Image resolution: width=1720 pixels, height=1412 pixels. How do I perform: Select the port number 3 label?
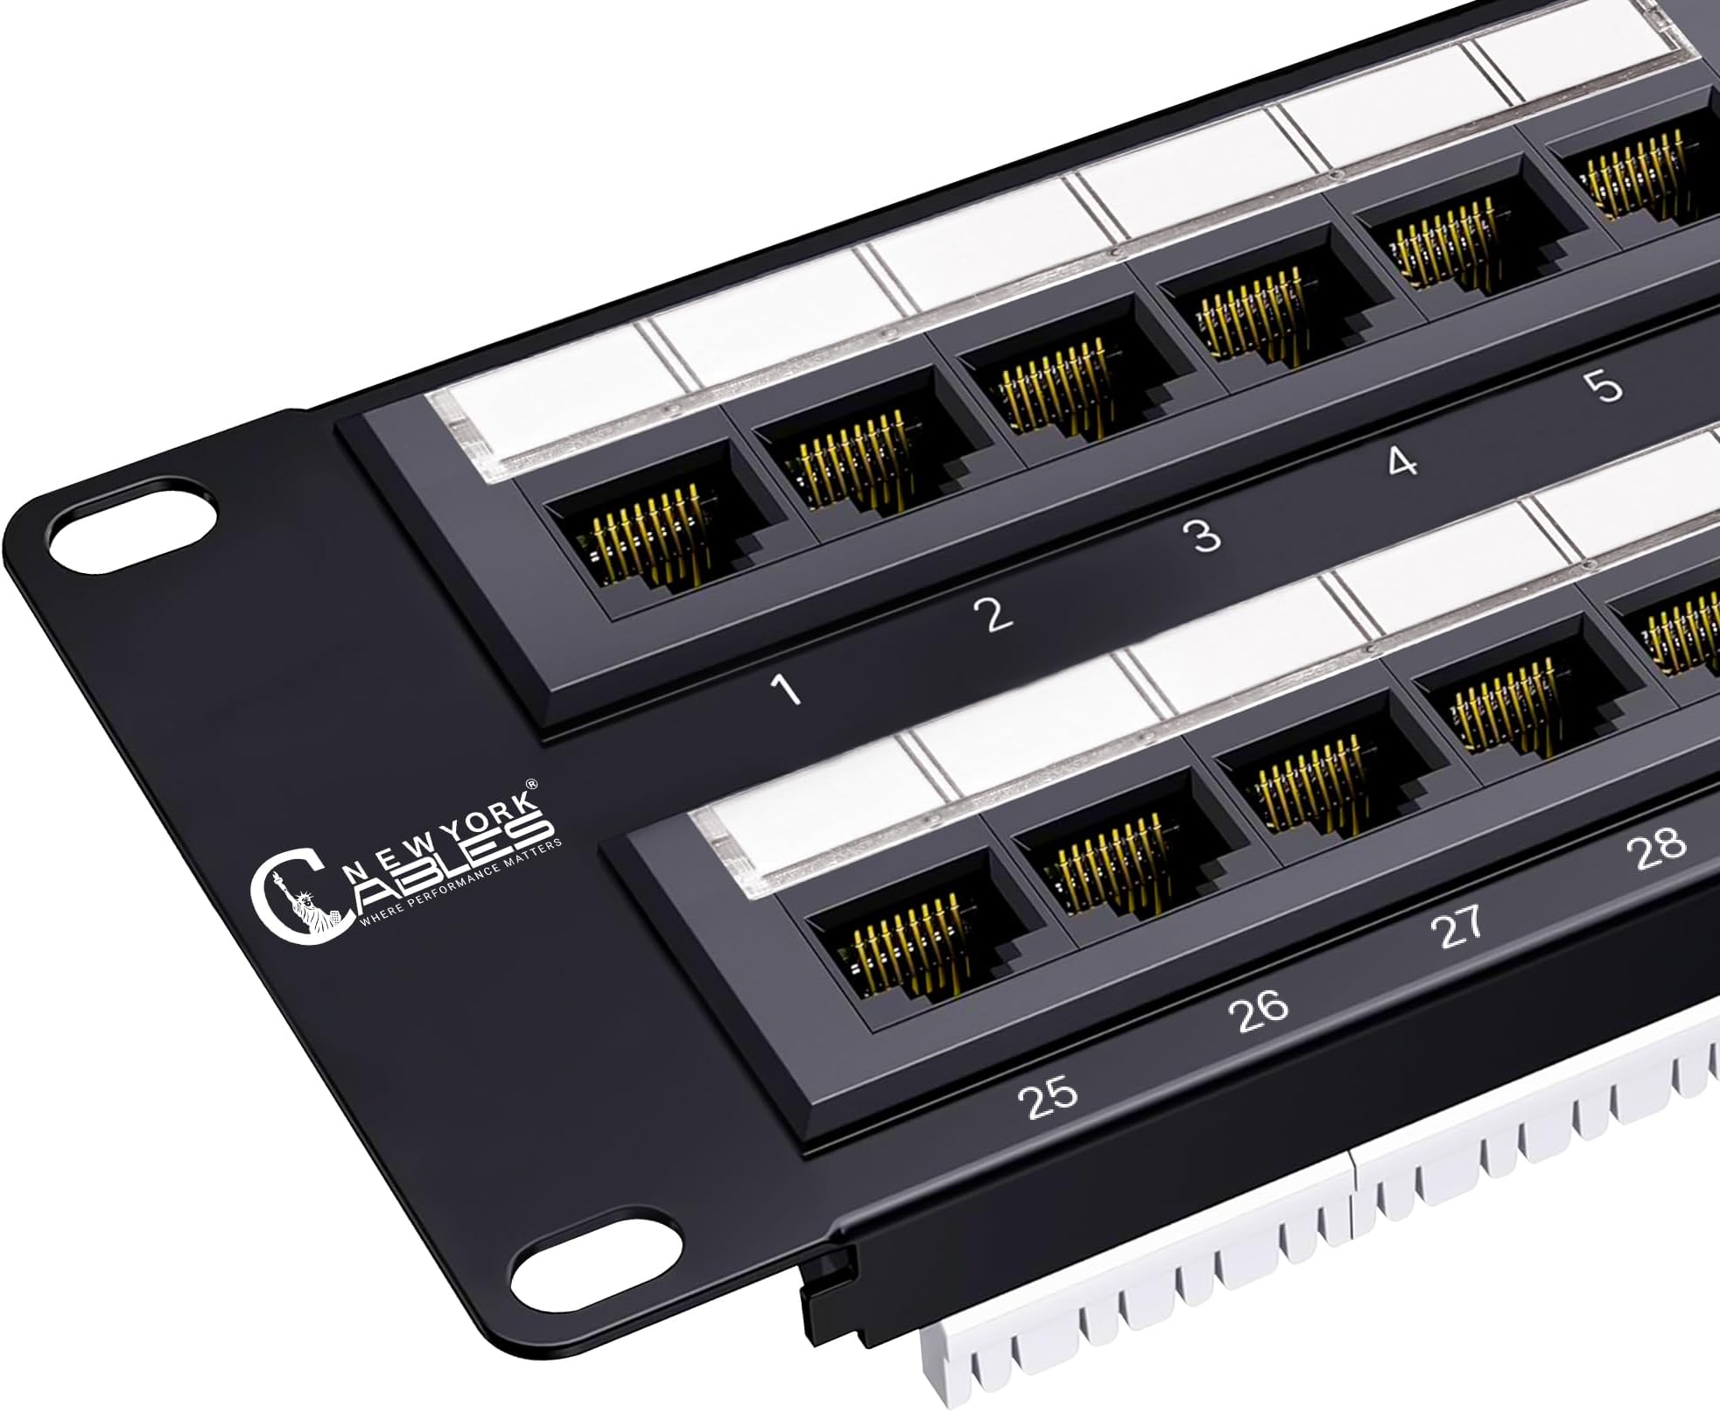1205,535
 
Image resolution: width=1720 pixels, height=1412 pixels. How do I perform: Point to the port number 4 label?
1402,461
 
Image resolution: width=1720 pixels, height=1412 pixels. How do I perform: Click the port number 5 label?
1607,386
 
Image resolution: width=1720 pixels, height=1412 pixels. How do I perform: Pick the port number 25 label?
1051,1100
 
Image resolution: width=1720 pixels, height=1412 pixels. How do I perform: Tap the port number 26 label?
1258,1010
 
